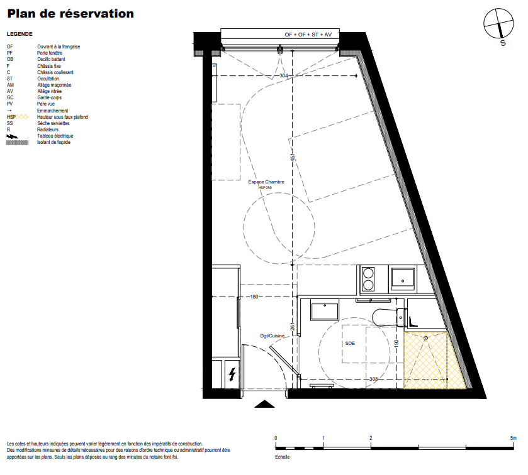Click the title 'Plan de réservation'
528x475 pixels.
coord(70,14)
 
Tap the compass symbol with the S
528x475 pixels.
coord(498,25)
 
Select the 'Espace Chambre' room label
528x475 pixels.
coord(266,182)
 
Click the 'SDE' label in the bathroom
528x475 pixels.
coord(350,343)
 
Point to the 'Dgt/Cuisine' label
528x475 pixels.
coord(272,336)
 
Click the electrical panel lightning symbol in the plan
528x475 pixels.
coord(232,374)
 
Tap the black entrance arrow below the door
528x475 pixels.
coord(265,404)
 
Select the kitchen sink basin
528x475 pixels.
coord(402,279)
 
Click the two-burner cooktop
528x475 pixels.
coord(368,279)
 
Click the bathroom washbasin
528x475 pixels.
coord(325,312)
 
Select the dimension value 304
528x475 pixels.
coord(284,75)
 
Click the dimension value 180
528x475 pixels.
coord(254,297)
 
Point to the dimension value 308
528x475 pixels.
coord(374,379)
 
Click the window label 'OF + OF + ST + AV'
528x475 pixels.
coord(308,35)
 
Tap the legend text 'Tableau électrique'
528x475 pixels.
coord(55,136)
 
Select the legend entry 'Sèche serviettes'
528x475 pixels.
coord(53,123)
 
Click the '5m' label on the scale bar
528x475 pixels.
coord(513,438)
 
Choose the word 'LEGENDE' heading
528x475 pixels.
coord(20,34)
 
